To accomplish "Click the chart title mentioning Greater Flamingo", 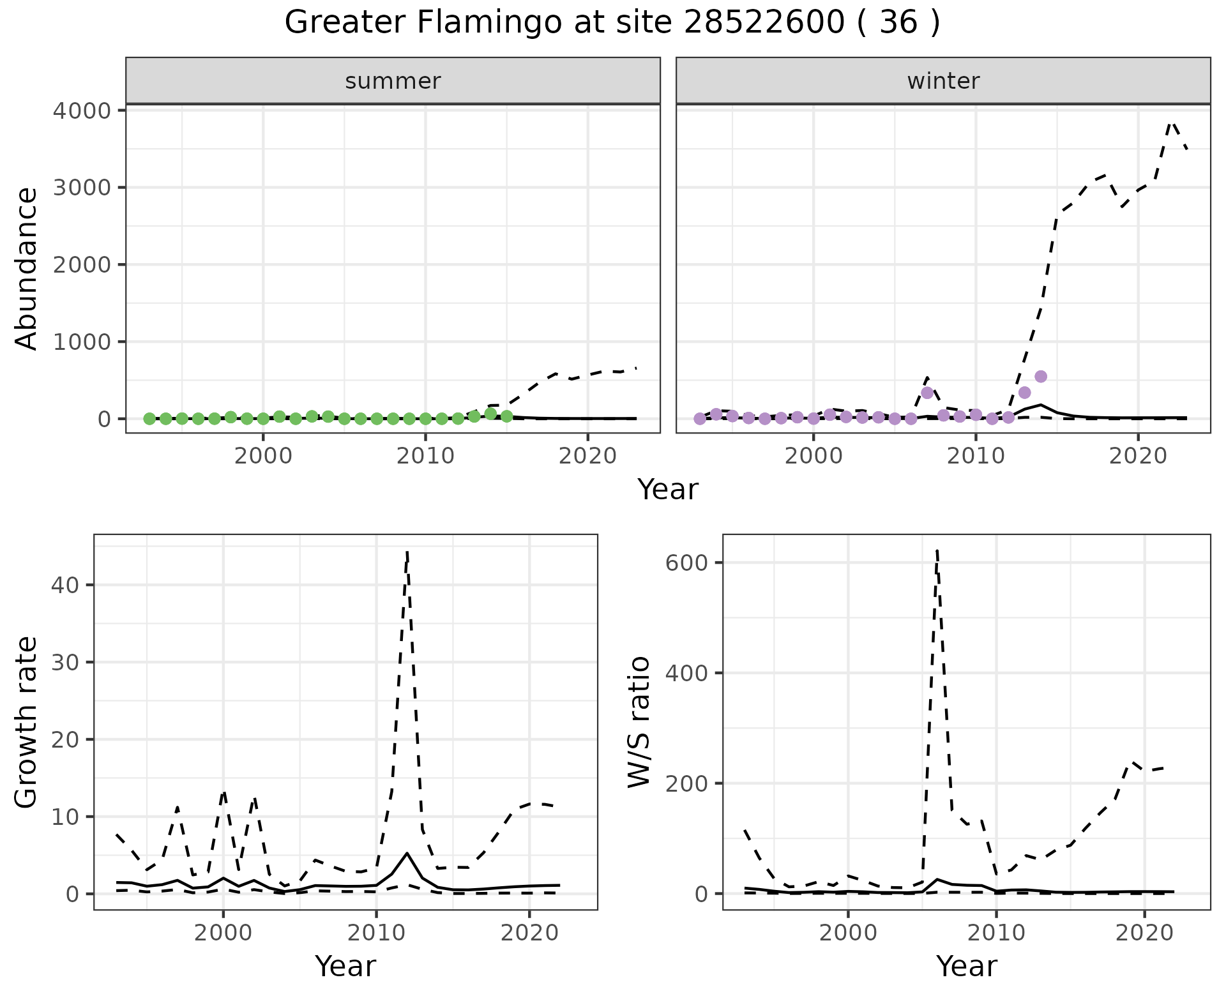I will point(612,23).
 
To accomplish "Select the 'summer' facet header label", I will point(393,81).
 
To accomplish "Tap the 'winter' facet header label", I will point(943,81).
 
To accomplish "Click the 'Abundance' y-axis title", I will point(27,269).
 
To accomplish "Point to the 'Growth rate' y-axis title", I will point(27,722).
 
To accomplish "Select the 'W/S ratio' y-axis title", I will point(639,722).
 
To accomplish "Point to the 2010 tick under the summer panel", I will point(425,456).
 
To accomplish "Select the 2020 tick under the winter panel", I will point(1137,456).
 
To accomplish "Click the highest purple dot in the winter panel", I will point(1041,377).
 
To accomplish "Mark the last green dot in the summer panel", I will point(506,416).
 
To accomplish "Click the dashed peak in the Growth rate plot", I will point(407,552).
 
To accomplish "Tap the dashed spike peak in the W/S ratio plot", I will point(936,550).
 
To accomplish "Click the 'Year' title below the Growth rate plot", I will point(345,966).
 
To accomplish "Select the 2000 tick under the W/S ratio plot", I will point(847,933).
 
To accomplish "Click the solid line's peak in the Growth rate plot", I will point(407,853).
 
